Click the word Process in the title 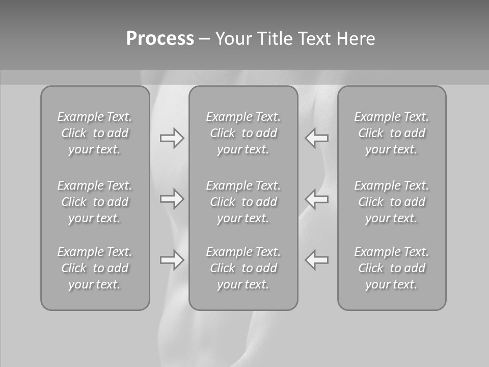160,39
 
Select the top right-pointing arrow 172,138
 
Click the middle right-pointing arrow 172,199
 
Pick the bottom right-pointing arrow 172,260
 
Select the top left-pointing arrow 317,138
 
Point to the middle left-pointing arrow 317,199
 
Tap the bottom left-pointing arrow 317,260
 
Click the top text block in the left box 95,133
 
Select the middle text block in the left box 95,202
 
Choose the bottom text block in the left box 95,268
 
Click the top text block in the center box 243,133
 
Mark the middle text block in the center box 243,202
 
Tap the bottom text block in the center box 243,268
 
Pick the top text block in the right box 392,133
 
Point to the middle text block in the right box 392,202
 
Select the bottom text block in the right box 392,268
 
